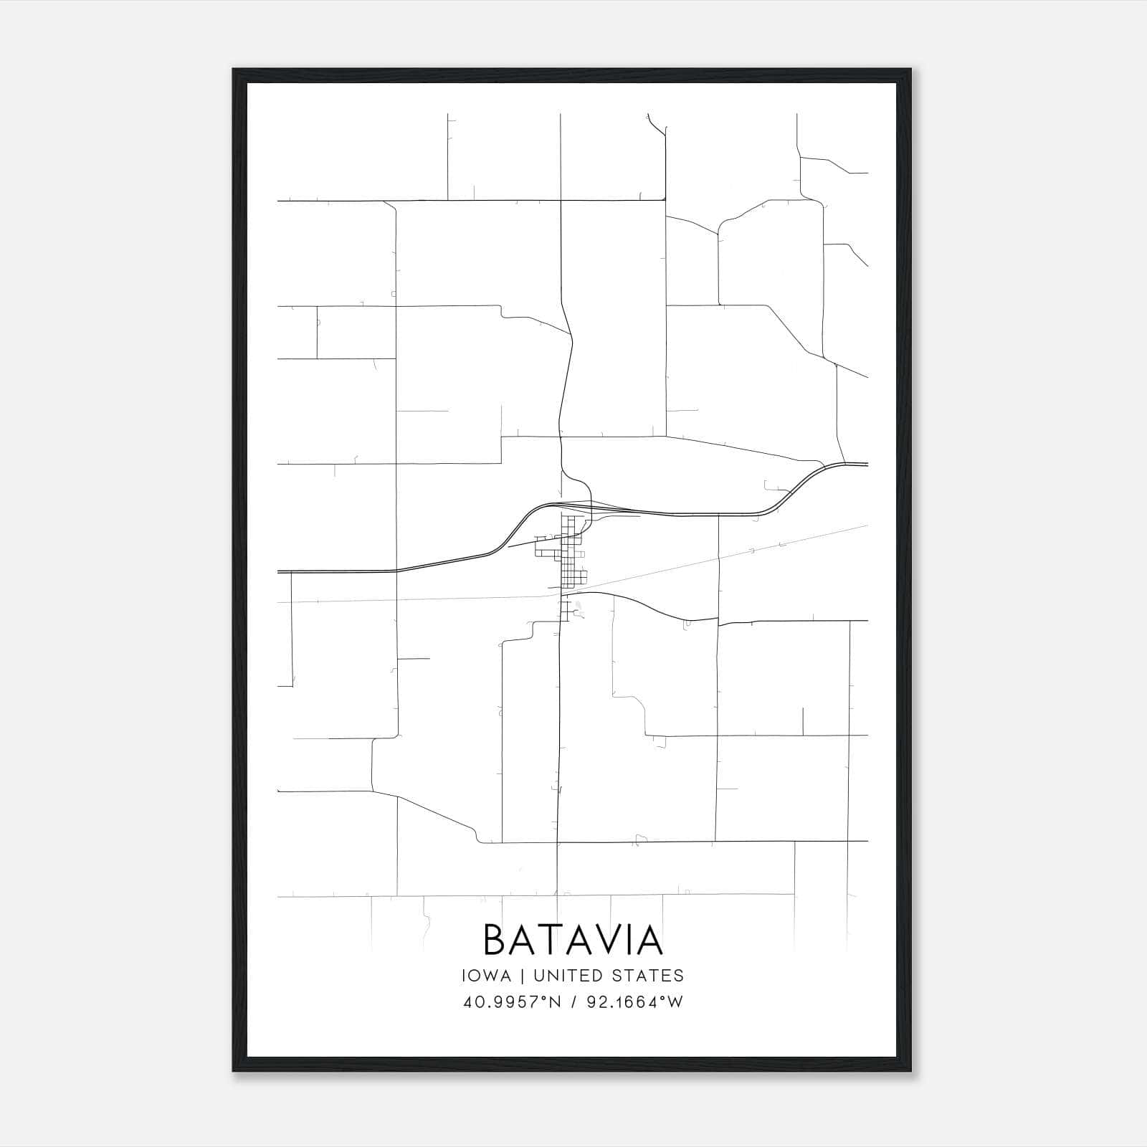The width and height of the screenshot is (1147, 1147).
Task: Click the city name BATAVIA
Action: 573,940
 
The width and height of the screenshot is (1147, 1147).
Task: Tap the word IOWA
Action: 487,976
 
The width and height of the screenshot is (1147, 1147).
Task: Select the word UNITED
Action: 569,976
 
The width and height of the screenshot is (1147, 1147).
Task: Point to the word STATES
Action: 649,976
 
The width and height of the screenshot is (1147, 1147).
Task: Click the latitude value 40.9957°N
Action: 510,1002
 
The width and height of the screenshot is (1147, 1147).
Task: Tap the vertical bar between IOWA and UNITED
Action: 522,976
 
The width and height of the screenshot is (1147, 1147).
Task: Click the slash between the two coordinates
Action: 573,1002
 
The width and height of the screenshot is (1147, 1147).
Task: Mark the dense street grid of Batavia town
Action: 569,552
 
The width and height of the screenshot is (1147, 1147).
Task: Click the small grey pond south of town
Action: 578,609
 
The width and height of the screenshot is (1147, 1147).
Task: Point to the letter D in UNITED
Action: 596,976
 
